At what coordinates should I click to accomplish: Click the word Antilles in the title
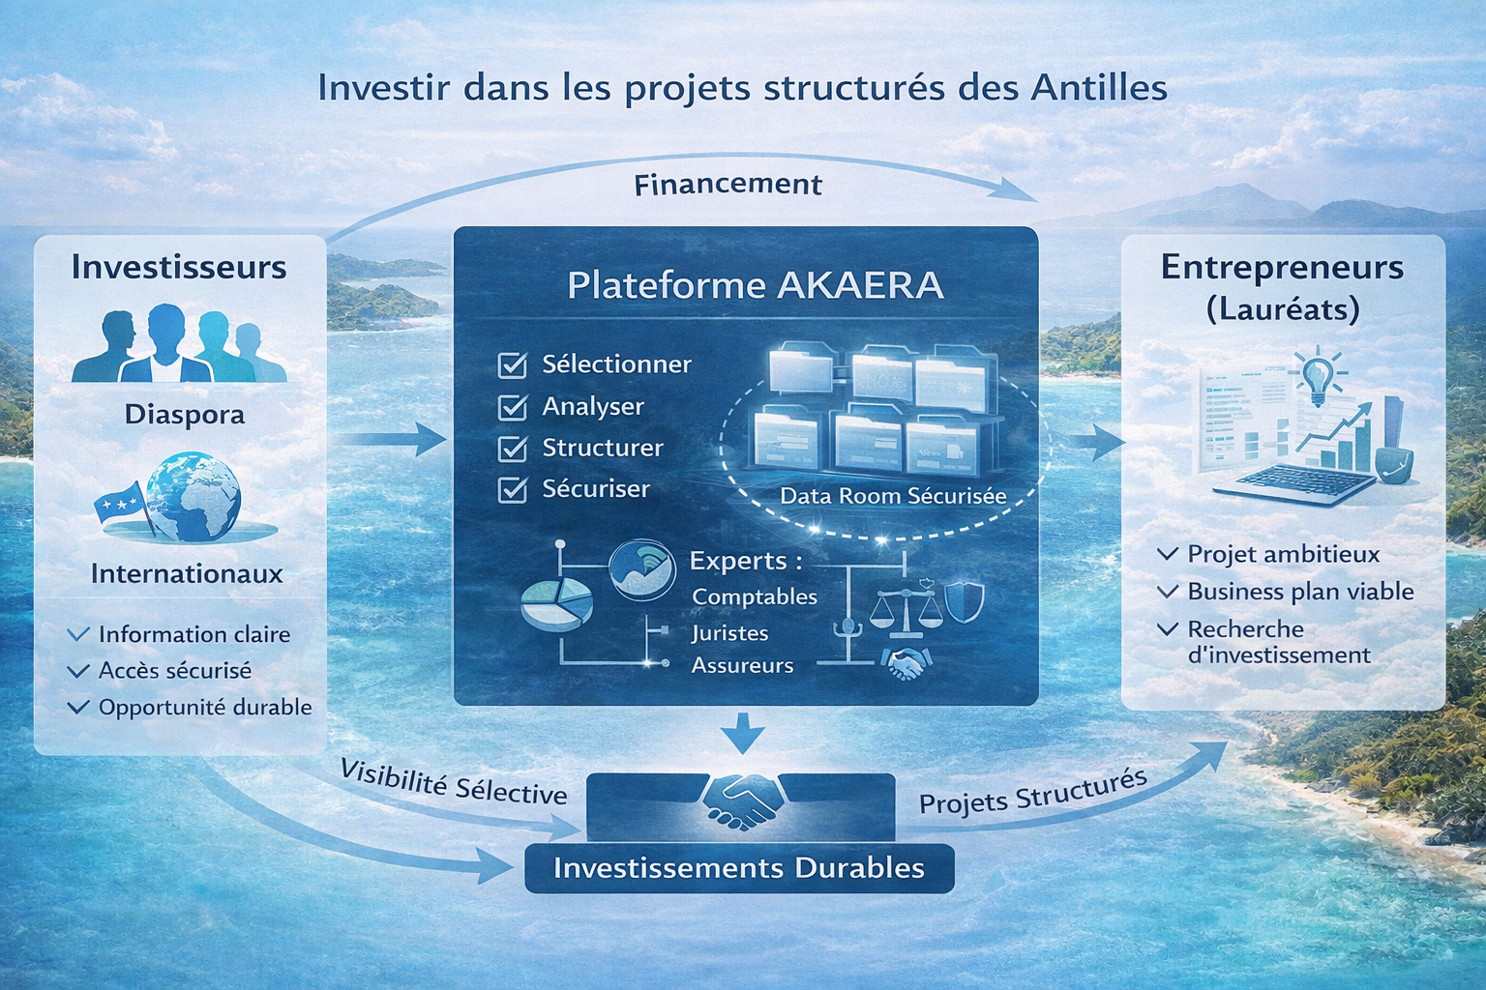click(x=1098, y=88)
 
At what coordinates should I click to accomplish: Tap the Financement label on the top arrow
click(x=728, y=185)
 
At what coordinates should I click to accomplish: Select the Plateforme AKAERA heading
click(x=755, y=285)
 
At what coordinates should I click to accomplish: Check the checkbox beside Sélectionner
click(x=512, y=365)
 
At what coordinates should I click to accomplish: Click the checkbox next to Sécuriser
click(x=512, y=490)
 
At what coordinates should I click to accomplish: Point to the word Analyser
click(x=592, y=407)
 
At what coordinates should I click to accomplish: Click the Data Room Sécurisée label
click(x=893, y=497)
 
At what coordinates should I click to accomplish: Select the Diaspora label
click(x=184, y=415)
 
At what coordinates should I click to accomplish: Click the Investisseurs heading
click(x=179, y=267)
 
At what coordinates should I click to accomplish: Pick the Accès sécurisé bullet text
click(x=174, y=671)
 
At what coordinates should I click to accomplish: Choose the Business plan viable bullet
click(x=1299, y=592)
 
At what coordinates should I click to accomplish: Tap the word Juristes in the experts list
click(x=729, y=633)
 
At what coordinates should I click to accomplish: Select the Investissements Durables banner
click(x=739, y=868)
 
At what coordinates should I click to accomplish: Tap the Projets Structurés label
click(x=1033, y=792)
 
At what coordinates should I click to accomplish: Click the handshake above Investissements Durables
click(x=741, y=800)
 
